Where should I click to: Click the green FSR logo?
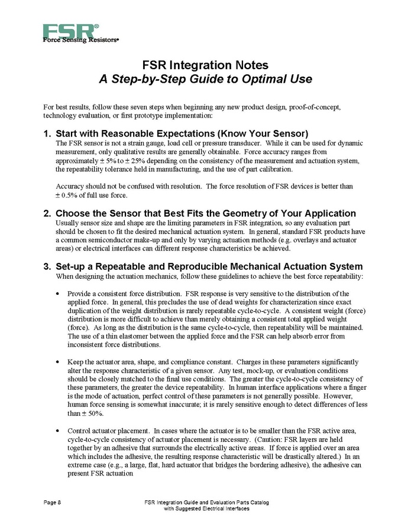67,31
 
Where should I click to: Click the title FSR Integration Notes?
205,64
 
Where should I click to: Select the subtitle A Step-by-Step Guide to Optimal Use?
205,79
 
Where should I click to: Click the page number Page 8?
53,502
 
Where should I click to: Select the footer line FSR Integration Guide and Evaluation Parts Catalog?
206,502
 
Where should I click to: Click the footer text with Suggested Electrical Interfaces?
206,509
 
